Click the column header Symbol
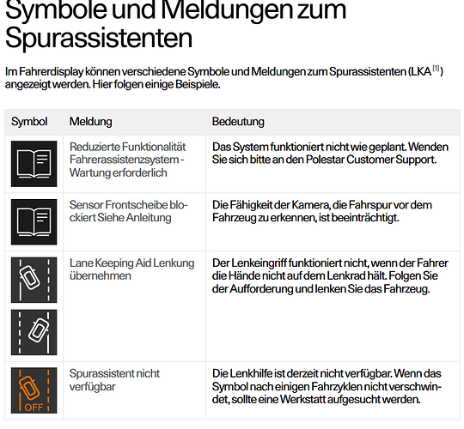(x=29, y=122)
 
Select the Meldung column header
(x=90, y=122)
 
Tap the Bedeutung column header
(x=238, y=122)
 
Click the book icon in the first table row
(x=34, y=164)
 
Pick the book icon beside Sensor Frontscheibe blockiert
(x=34, y=222)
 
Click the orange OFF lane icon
(x=34, y=390)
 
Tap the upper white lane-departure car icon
(x=34, y=280)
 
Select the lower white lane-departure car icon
(x=34, y=332)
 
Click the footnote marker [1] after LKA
(x=437, y=69)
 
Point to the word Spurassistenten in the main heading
(x=99, y=38)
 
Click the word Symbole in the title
(x=56, y=10)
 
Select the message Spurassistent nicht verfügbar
(x=114, y=380)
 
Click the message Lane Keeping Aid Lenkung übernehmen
(x=132, y=269)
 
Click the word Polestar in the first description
(x=325, y=160)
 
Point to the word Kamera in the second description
(x=310, y=205)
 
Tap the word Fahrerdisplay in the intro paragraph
(x=51, y=72)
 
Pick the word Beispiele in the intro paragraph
(x=198, y=85)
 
